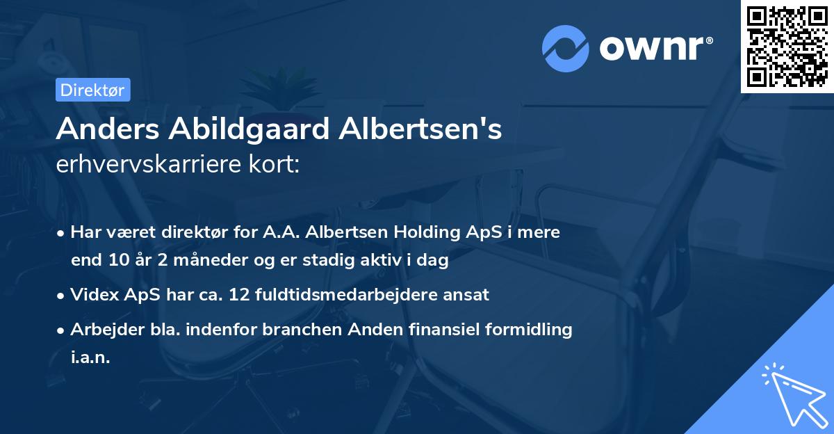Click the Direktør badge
(92, 90)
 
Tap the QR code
(787, 46)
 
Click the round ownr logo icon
(566, 48)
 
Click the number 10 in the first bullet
(115, 261)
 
